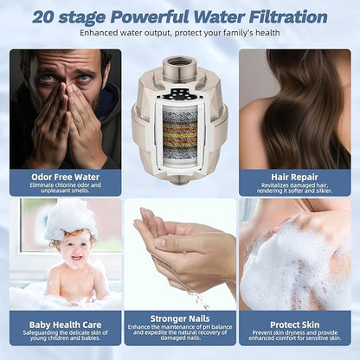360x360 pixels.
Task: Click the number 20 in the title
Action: point(43,17)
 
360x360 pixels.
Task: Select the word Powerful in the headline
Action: point(150,17)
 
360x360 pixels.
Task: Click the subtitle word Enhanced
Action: point(98,33)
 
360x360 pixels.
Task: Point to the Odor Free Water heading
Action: point(66,177)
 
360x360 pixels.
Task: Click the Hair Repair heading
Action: point(294,177)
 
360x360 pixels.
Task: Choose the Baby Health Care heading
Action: point(66,325)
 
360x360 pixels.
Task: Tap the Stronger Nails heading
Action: point(180,318)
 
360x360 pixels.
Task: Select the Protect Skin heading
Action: point(295,325)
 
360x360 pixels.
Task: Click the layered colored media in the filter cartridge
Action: point(180,133)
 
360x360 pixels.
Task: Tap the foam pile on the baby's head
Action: point(70,219)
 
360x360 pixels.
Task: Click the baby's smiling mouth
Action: point(75,257)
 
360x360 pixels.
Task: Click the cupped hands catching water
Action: point(184,248)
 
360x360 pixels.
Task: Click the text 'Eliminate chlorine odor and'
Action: point(66,185)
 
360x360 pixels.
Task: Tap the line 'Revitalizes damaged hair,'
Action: point(294,185)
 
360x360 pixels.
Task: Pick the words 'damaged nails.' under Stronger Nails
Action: point(180,337)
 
